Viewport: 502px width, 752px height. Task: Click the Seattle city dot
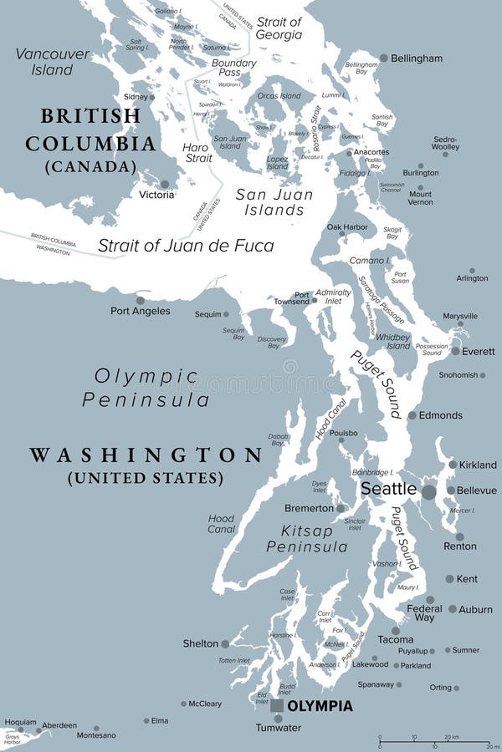(428, 492)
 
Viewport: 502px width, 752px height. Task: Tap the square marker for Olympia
(277, 706)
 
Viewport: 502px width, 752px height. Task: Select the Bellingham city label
(416, 58)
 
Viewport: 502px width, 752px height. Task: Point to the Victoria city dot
(165, 184)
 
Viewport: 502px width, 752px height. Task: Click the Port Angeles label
(141, 311)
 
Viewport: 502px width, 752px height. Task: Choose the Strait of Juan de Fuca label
(186, 246)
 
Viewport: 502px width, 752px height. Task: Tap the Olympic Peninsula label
(146, 388)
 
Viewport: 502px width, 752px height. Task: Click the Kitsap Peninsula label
(307, 539)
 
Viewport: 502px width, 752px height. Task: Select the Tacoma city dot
(396, 631)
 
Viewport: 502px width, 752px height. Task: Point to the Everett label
(479, 352)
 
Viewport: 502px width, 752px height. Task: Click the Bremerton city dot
(341, 507)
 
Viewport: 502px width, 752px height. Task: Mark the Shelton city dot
(225, 643)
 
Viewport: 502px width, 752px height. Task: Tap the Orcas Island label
(279, 96)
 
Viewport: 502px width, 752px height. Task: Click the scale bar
(435, 742)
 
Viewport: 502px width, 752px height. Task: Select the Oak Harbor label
(346, 227)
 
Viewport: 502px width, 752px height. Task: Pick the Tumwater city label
(279, 729)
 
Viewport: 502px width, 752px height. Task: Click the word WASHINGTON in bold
(146, 455)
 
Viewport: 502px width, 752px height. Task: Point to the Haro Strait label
(197, 153)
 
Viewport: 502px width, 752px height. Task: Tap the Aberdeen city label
(59, 725)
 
